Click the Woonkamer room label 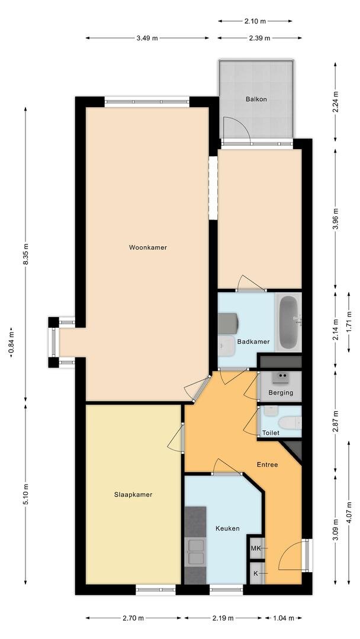[148, 247]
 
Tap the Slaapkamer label [133, 495]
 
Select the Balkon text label [256, 99]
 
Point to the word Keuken [227, 528]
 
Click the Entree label [267, 464]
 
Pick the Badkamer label [253, 342]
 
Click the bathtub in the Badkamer [289, 322]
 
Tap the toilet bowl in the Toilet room [290, 422]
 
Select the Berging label [281, 393]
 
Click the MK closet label [256, 548]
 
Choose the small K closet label [256, 573]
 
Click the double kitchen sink [195, 552]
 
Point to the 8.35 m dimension [25, 254]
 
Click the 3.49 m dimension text [147, 38]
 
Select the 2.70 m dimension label [133, 618]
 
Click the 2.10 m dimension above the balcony [255, 21]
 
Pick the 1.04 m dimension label [284, 618]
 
